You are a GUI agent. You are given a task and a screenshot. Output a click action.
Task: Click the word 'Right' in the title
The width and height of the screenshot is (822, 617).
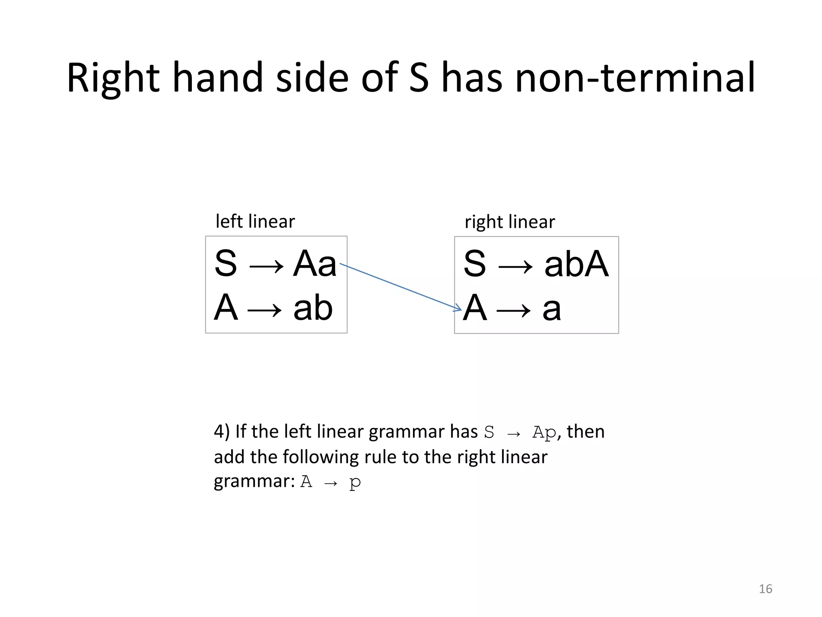tap(113, 78)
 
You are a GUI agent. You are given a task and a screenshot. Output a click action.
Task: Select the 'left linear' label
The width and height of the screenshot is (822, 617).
tap(255, 221)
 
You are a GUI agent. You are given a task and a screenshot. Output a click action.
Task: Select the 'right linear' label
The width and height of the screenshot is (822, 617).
tap(510, 222)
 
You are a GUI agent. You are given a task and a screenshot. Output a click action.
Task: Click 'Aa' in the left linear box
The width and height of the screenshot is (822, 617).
tap(315, 264)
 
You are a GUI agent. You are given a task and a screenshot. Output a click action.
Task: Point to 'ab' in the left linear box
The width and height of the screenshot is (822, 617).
tap(313, 308)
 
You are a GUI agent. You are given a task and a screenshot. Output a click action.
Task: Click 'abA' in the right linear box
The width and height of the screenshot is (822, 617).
tap(576, 264)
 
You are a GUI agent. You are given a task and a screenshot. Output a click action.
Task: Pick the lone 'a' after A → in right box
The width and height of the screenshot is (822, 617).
tap(551, 308)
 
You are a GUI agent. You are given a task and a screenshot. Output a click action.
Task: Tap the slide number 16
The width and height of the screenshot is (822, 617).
tap(765, 589)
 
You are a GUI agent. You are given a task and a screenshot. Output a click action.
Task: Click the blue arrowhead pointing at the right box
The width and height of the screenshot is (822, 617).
tap(458, 308)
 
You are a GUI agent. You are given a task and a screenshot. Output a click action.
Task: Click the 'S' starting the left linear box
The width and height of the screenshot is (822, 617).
tap(226, 264)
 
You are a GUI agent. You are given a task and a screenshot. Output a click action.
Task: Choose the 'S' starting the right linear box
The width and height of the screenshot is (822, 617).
tap(475, 264)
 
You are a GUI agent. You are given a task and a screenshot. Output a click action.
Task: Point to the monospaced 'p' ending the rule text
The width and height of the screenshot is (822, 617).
tap(355, 482)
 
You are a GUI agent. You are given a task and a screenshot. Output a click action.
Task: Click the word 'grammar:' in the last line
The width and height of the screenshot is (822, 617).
tap(255, 482)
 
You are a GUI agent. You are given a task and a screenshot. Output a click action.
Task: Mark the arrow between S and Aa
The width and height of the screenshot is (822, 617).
tap(266, 266)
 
